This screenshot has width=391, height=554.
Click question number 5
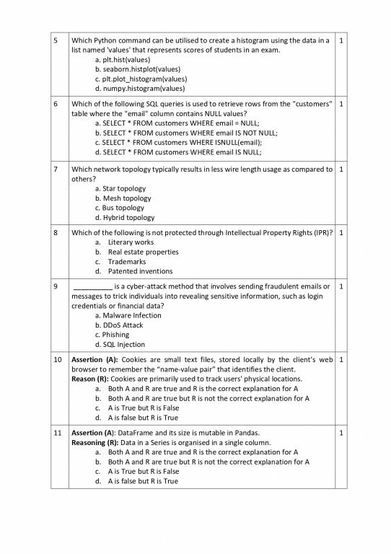tap(56, 40)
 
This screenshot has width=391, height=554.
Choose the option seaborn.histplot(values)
tap(137, 69)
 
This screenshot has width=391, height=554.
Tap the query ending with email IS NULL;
tap(176, 152)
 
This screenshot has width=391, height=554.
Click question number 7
tap(56, 170)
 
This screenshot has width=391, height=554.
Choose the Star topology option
tap(120, 188)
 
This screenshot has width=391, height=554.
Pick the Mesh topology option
tap(123, 198)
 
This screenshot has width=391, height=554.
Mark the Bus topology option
tap(119, 208)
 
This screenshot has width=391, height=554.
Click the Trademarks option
tap(127, 262)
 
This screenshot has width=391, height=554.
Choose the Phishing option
tap(112, 335)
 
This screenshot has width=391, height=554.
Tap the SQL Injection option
tap(120, 345)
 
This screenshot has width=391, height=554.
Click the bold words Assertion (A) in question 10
tap(95, 359)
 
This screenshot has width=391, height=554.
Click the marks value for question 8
tap(341, 233)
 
